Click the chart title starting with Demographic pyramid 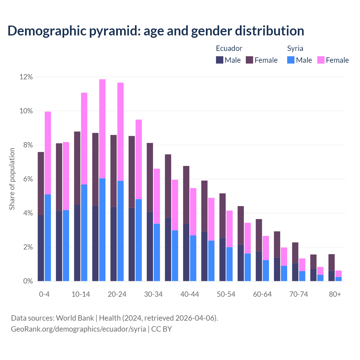coord(156,31)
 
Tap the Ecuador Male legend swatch coord(220,60)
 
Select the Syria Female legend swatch coord(321,60)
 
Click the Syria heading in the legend coord(295,48)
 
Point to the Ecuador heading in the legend coord(229,48)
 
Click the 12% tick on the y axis coord(26,77)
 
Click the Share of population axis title coord(12,179)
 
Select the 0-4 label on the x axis coord(44,294)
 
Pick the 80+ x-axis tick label coord(335,294)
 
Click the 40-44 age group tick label coord(190,294)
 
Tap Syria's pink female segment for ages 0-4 coord(48,153)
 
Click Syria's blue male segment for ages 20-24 coord(120,231)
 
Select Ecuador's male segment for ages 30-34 coord(150,246)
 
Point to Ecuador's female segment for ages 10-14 coord(77,168)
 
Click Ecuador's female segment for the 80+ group coord(332,262)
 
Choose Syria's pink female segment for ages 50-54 coord(229,229)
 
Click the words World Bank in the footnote coord(75,318)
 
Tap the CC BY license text coord(161,329)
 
